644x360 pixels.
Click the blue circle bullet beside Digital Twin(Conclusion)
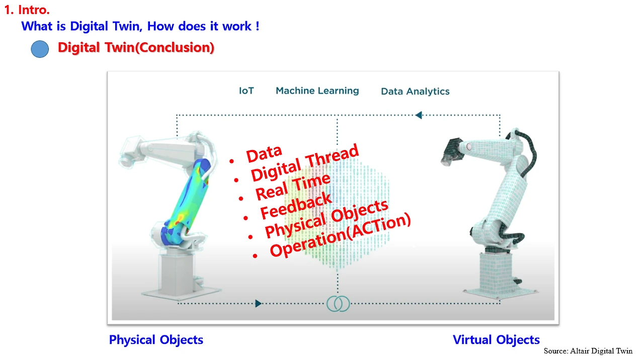click(40, 49)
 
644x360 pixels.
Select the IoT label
click(247, 91)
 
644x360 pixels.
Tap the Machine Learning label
click(317, 91)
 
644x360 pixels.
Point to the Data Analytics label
click(415, 92)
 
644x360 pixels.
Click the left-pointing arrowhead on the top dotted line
click(419, 115)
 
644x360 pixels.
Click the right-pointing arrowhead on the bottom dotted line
click(258, 303)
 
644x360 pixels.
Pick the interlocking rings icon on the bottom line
click(338, 304)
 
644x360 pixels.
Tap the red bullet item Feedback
click(296, 205)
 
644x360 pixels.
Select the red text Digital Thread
click(305, 163)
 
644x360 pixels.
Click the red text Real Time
click(293, 187)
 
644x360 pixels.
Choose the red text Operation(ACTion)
click(340, 235)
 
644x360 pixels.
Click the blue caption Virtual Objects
click(496, 340)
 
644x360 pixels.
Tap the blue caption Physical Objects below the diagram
click(156, 340)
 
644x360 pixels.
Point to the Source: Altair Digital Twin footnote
click(588, 351)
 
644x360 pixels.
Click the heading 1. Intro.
click(27, 10)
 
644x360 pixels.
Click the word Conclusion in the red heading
click(175, 47)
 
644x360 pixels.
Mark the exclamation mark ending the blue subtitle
click(257, 26)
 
